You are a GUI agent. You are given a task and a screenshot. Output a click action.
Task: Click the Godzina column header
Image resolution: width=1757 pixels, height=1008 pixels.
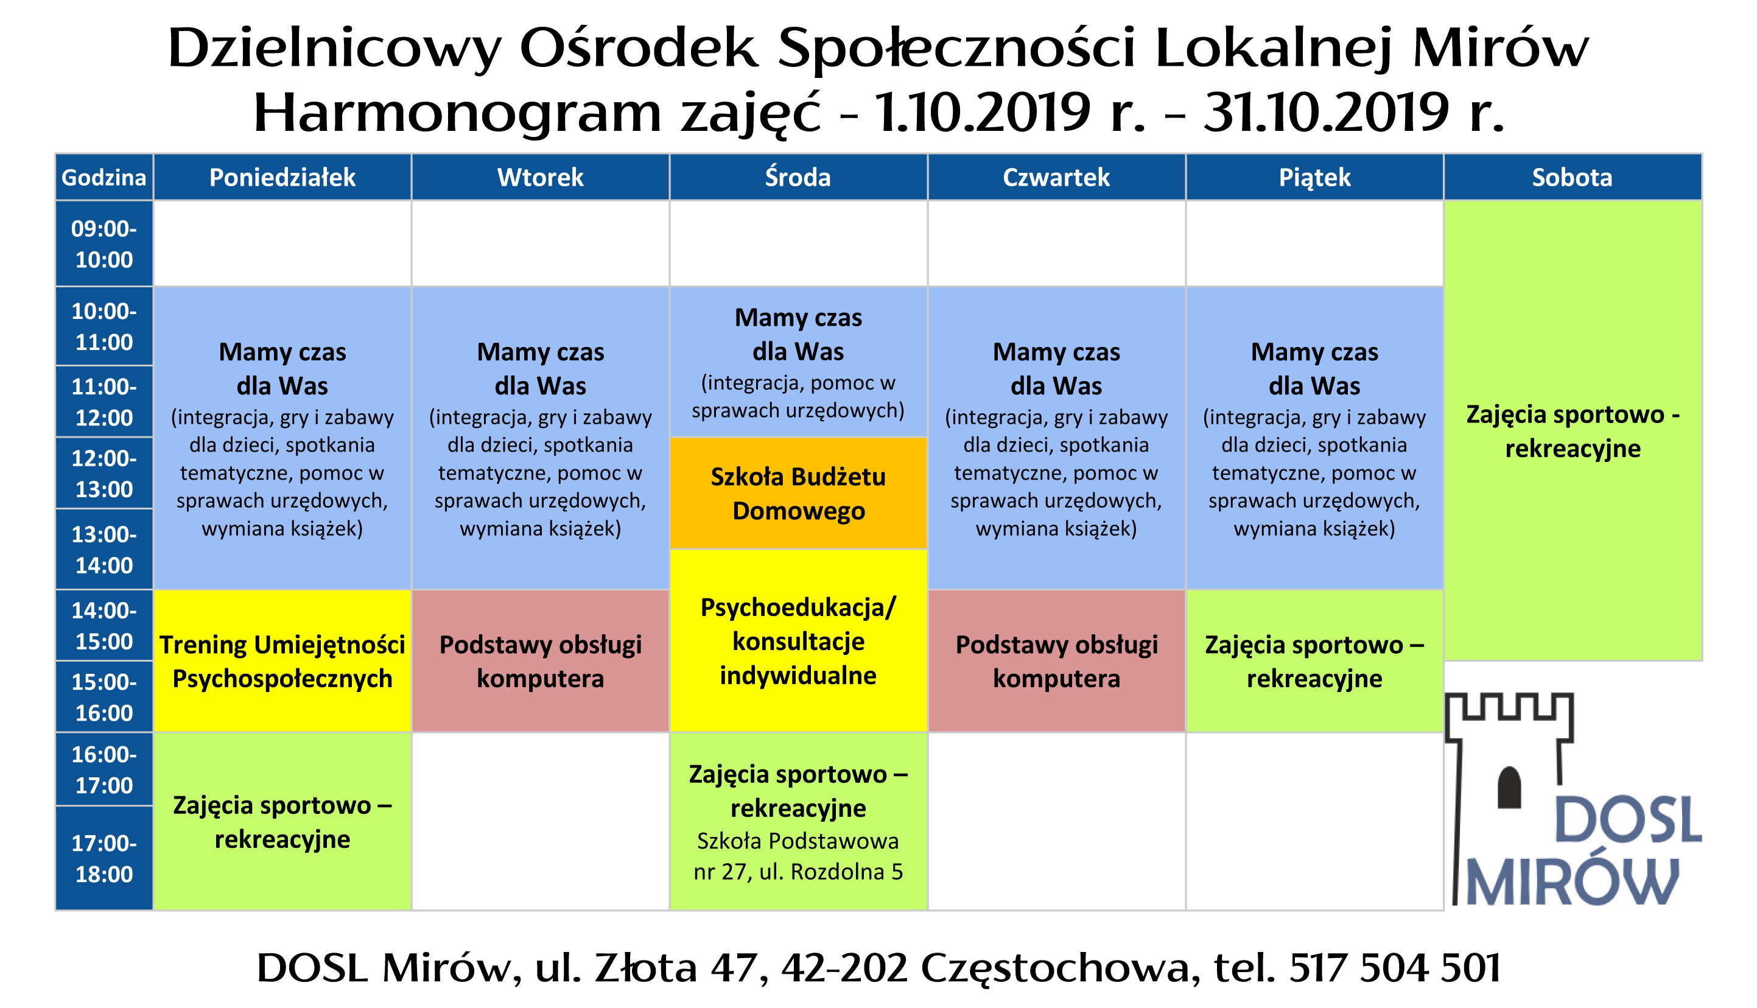pyautogui.click(x=104, y=177)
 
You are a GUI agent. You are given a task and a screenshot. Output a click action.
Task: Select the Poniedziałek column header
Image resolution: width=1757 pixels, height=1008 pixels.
pyautogui.click(x=282, y=177)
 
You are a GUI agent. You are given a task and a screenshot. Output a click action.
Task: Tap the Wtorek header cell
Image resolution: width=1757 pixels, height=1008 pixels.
pyautogui.click(x=540, y=177)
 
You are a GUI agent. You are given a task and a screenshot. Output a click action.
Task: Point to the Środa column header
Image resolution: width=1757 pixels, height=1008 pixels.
pyautogui.click(x=798, y=177)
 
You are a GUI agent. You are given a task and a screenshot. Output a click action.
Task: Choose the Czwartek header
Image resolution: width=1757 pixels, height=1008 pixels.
pyautogui.click(x=1056, y=177)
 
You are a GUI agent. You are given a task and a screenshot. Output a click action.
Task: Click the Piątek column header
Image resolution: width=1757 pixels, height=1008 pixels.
pyautogui.click(x=1314, y=177)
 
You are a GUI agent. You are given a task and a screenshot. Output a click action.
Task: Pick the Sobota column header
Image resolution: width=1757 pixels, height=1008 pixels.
pyautogui.click(x=1571, y=177)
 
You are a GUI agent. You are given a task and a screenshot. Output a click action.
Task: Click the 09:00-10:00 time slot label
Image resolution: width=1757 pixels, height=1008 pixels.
pyautogui.click(x=104, y=243)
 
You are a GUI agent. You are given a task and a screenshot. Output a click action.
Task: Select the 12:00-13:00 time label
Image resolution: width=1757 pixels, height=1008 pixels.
pyautogui.click(x=104, y=474)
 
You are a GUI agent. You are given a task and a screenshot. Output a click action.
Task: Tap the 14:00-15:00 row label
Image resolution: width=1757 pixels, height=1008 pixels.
pyautogui.click(x=104, y=626)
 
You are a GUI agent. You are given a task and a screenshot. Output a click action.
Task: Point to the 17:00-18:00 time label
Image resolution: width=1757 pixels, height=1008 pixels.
pyautogui.click(x=104, y=858)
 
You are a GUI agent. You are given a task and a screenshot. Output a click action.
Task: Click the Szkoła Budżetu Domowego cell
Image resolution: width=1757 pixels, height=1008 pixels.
pyautogui.click(x=798, y=493)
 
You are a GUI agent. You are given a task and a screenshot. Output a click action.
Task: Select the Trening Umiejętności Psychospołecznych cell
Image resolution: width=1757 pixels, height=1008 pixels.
pyautogui.click(x=282, y=661)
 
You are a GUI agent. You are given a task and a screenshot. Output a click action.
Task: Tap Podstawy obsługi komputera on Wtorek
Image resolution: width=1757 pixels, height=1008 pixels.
pyautogui.click(x=540, y=661)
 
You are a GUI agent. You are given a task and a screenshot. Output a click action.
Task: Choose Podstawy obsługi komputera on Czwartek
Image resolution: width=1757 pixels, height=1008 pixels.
pyautogui.click(x=1056, y=661)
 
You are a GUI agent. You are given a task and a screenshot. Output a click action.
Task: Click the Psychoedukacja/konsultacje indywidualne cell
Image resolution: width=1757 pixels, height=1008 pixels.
pyautogui.click(x=798, y=641)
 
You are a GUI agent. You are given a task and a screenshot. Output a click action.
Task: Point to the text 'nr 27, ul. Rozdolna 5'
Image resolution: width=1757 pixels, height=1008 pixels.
pyautogui.click(x=798, y=872)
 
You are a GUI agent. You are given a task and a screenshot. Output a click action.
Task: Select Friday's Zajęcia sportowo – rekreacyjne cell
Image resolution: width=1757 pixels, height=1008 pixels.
pyautogui.click(x=1314, y=661)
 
